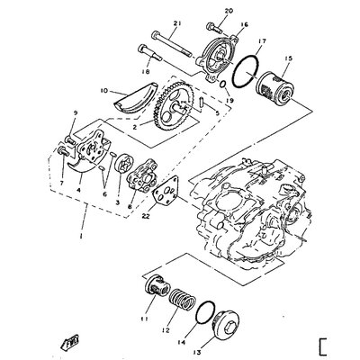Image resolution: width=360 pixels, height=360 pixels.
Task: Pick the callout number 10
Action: click(x=103, y=91)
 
